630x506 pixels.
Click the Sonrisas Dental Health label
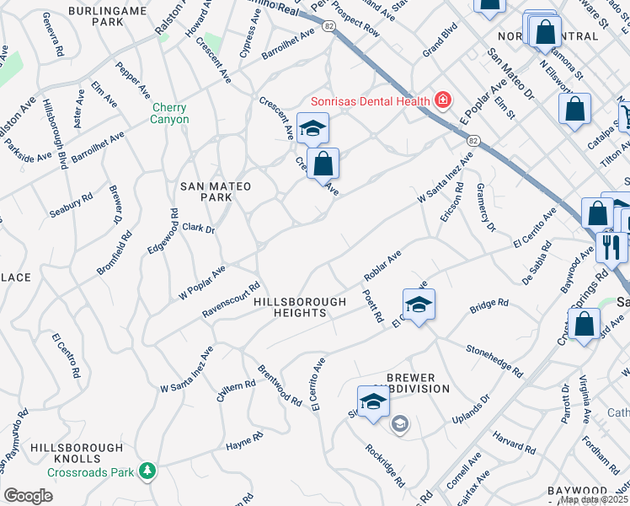tap(371, 101)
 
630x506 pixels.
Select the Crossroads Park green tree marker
tap(148, 470)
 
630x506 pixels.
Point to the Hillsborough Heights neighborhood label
tap(301, 307)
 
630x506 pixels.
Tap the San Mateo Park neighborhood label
tap(206, 191)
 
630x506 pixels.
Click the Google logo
tap(28, 496)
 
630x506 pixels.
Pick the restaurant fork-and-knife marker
tap(611, 245)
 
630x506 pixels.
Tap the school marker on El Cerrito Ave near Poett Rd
tap(419, 304)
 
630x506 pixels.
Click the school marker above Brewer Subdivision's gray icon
tap(373, 401)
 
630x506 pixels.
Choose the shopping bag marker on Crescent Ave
tap(323, 164)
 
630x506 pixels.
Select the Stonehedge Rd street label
tap(494, 360)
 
